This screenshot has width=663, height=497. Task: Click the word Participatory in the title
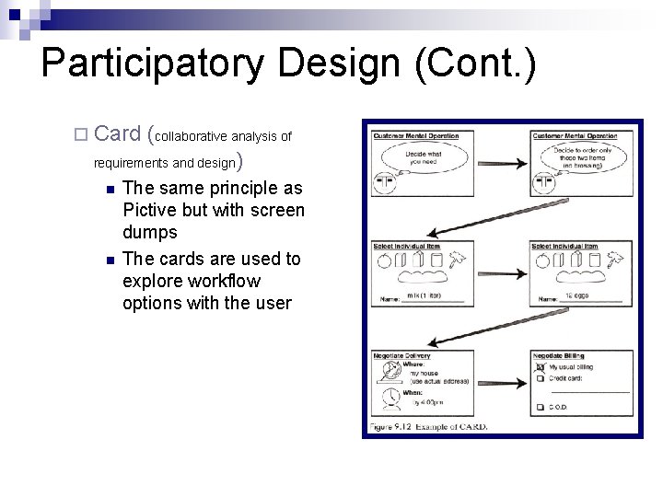(153, 63)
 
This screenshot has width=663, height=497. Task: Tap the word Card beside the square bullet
(117, 134)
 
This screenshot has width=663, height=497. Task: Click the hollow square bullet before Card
(80, 135)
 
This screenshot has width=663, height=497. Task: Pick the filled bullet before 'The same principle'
(109, 190)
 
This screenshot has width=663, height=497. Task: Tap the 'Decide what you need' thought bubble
(424, 159)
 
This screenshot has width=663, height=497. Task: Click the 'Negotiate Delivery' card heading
(402, 356)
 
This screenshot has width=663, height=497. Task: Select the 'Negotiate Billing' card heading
(558, 356)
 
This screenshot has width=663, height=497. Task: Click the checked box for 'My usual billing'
(540, 366)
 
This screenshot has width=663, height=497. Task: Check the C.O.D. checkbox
(540, 407)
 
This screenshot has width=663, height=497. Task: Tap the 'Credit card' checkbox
(540, 378)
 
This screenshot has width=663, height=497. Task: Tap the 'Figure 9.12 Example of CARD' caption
(429, 427)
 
